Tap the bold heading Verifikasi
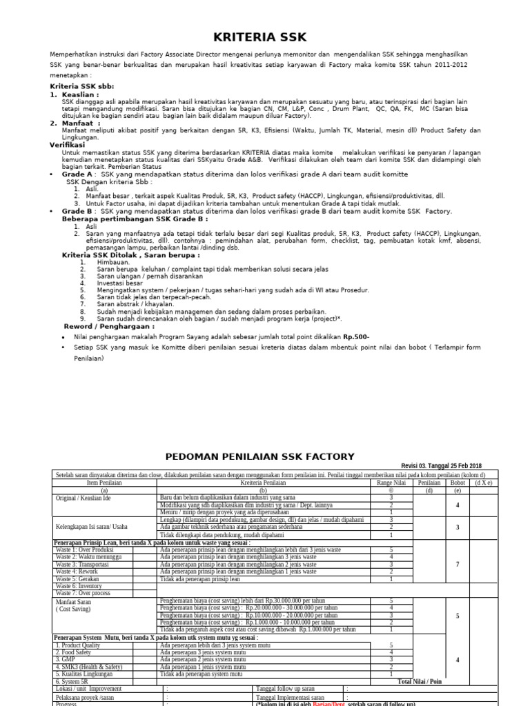pyautogui.click(x=67, y=145)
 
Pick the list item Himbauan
pyautogui.click(x=113, y=262)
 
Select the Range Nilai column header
pyautogui.click(x=391, y=483)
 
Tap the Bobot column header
pyautogui.click(x=458, y=483)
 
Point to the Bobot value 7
pyautogui.click(x=458, y=564)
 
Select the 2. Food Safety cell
pyautogui.click(x=77, y=652)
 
